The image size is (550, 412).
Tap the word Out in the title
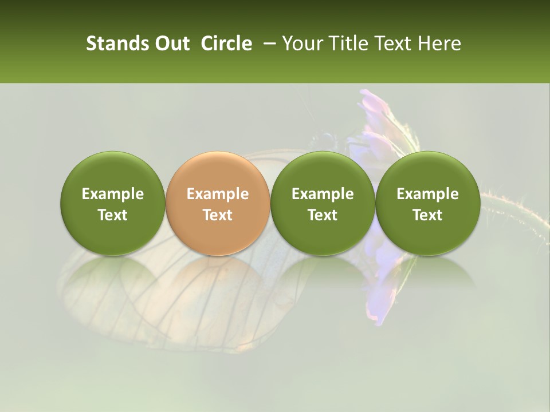pyautogui.click(x=171, y=43)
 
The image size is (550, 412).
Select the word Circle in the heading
pyautogui.click(x=226, y=43)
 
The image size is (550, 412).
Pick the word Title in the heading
pyautogui.click(x=347, y=43)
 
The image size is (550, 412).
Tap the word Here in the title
pyautogui.click(x=440, y=43)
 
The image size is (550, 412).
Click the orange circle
pyautogui.click(x=218, y=204)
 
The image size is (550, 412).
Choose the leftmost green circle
pyautogui.click(x=113, y=204)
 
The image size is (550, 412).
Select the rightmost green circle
pyautogui.click(x=427, y=204)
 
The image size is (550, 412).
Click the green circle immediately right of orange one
pyautogui.click(x=323, y=204)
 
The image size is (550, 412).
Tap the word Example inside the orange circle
pyautogui.click(x=218, y=194)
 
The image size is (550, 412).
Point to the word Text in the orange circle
pyautogui.click(x=218, y=215)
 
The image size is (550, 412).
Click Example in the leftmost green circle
pyautogui.click(x=113, y=194)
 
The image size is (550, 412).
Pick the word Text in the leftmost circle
pyautogui.click(x=113, y=215)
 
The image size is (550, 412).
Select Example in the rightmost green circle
pyautogui.click(x=427, y=194)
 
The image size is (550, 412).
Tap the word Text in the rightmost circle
pyautogui.click(x=427, y=215)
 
